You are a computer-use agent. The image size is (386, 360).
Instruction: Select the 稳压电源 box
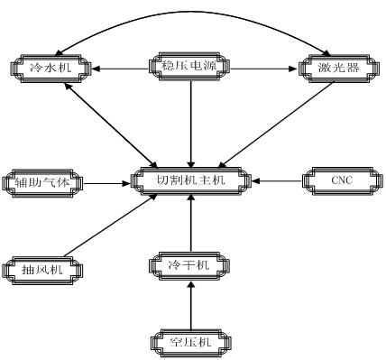tap(189, 67)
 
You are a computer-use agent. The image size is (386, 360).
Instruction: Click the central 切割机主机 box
tap(190, 180)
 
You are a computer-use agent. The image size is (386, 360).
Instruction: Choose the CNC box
tap(340, 180)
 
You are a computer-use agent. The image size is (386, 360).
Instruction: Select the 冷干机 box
tap(189, 264)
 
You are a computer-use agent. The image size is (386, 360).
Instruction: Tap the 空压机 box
tap(189, 342)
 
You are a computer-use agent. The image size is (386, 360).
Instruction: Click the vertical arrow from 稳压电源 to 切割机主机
tap(190, 122)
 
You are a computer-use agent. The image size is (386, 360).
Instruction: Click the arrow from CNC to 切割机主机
tap(280, 180)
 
